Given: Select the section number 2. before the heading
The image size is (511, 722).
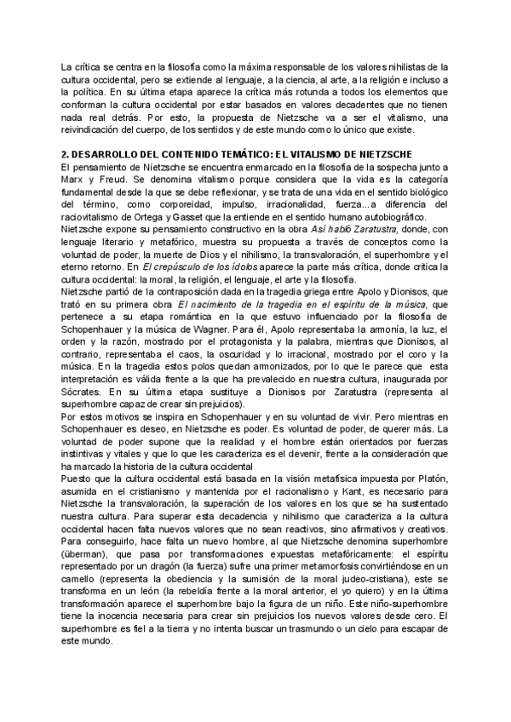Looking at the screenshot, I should (67, 153).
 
